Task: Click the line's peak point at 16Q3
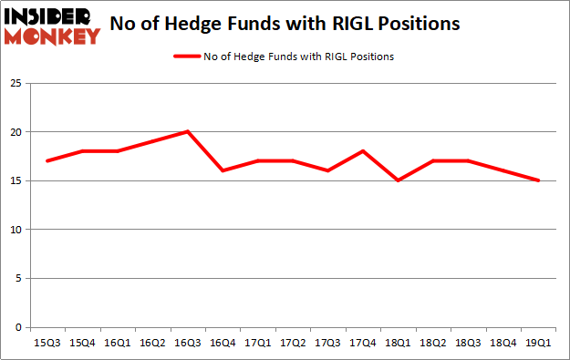187,131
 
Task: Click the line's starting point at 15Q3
47,161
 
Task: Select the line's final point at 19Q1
539,180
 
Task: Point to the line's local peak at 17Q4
363,151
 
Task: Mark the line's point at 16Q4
223,170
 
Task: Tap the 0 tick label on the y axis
18,327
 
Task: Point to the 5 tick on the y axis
18,279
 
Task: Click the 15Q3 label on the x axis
47,345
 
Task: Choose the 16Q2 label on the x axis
152,345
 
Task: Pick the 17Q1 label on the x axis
258,345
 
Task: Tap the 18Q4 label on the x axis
503,345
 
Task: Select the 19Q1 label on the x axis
539,345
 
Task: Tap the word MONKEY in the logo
52,37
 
